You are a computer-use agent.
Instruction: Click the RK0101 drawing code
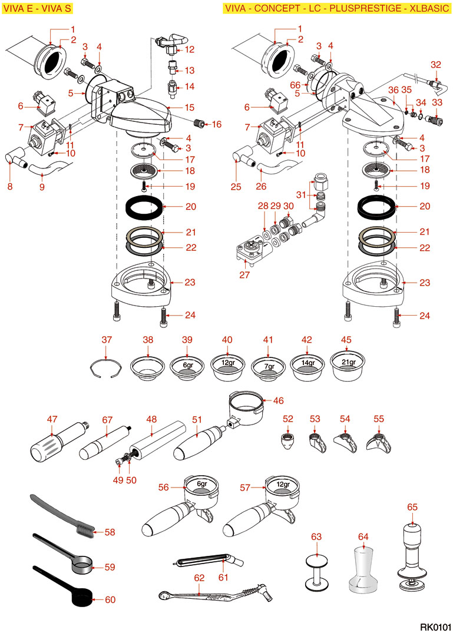pos(435,626)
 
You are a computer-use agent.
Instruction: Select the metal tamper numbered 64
pos(363,569)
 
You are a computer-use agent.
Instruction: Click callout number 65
pos(412,506)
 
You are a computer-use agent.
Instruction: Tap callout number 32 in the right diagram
pos(435,65)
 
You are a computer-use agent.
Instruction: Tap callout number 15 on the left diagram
pos(190,107)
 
